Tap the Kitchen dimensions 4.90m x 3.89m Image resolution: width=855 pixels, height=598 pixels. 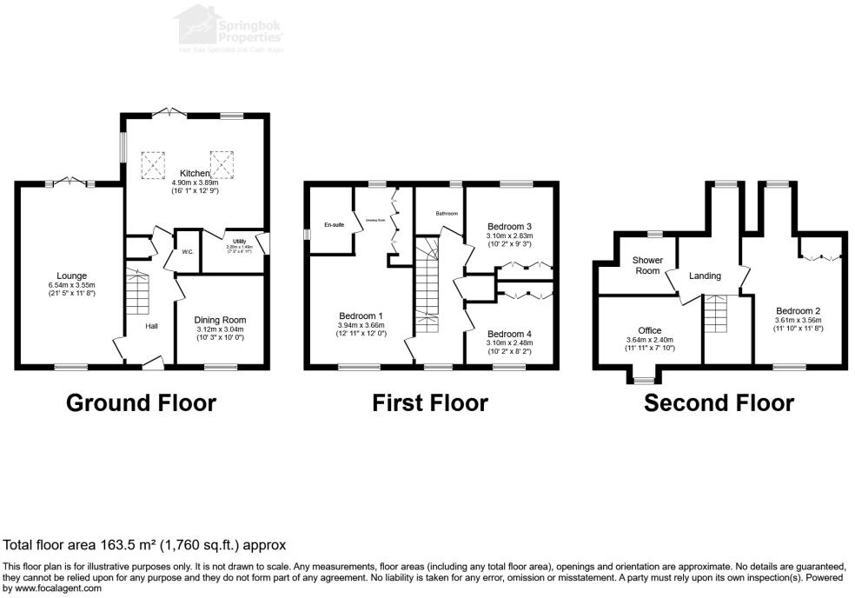point(196,183)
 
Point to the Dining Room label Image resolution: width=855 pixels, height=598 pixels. point(219,320)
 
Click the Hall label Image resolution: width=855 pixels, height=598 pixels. point(151,326)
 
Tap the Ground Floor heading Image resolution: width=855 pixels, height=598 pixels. point(141,402)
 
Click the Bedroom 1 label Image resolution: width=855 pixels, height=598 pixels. point(361,316)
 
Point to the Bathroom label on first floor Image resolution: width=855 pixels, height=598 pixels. point(447,213)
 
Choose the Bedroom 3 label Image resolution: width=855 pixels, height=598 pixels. point(510,224)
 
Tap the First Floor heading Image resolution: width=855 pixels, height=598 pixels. point(430,402)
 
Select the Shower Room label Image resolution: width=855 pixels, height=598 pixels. point(647,265)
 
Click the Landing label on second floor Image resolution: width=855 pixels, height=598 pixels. point(705,276)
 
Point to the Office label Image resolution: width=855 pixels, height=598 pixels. point(650,330)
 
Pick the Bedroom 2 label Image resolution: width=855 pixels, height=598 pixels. point(798,310)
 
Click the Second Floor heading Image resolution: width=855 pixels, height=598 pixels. point(719,402)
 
